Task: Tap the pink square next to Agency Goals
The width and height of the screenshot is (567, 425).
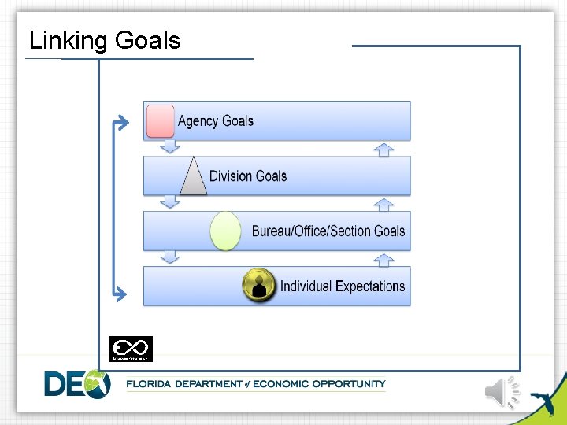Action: pyautogui.click(x=161, y=120)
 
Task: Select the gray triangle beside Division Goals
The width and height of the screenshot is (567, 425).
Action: pyautogui.click(x=193, y=176)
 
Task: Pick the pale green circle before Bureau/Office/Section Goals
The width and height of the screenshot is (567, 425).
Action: pyautogui.click(x=226, y=231)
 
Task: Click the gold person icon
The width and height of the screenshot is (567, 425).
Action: pyautogui.click(x=259, y=285)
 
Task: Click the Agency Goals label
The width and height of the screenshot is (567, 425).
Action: pyautogui.click(x=216, y=120)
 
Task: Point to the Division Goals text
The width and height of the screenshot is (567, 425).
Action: pyautogui.click(x=248, y=176)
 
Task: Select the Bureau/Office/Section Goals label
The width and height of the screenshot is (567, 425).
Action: pyautogui.click(x=328, y=231)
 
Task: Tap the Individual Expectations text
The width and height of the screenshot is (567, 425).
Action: pyautogui.click(x=343, y=286)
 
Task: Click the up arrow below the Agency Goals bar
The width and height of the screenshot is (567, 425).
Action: pyautogui.click(x=384, y=149)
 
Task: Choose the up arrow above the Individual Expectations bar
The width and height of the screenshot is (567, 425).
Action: pyautogui.click(x=384, y=259)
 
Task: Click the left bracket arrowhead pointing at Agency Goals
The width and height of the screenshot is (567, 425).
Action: pyautogui.click(x=120, y=122)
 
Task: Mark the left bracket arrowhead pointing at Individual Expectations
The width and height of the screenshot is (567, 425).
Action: pyautogui.click(x=120, y=295)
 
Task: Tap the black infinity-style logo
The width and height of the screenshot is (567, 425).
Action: pyautogui.click(x=131, y=348)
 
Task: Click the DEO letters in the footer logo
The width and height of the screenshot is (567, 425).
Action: pyautogui.click(x=76, y=383)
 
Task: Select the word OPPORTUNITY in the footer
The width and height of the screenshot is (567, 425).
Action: pyautogui.click(x=349, y=384)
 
